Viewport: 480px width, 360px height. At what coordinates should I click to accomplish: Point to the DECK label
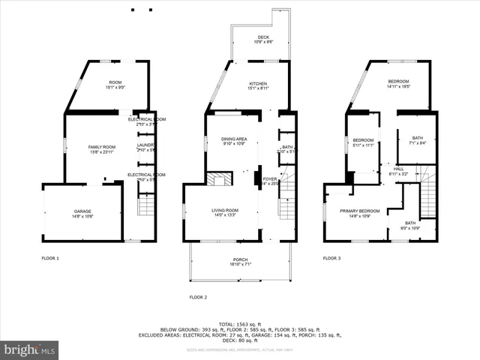point(263,39)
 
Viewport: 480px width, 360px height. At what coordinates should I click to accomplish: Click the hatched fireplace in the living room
point(219,179)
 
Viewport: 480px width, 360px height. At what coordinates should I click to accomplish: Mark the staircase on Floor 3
point(427,195)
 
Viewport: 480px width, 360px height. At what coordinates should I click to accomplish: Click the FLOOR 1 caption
point(50,258)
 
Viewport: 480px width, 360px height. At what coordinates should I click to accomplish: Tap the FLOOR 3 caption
point(331,258)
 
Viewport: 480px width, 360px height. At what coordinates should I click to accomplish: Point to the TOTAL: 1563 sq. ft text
point(240,323)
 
